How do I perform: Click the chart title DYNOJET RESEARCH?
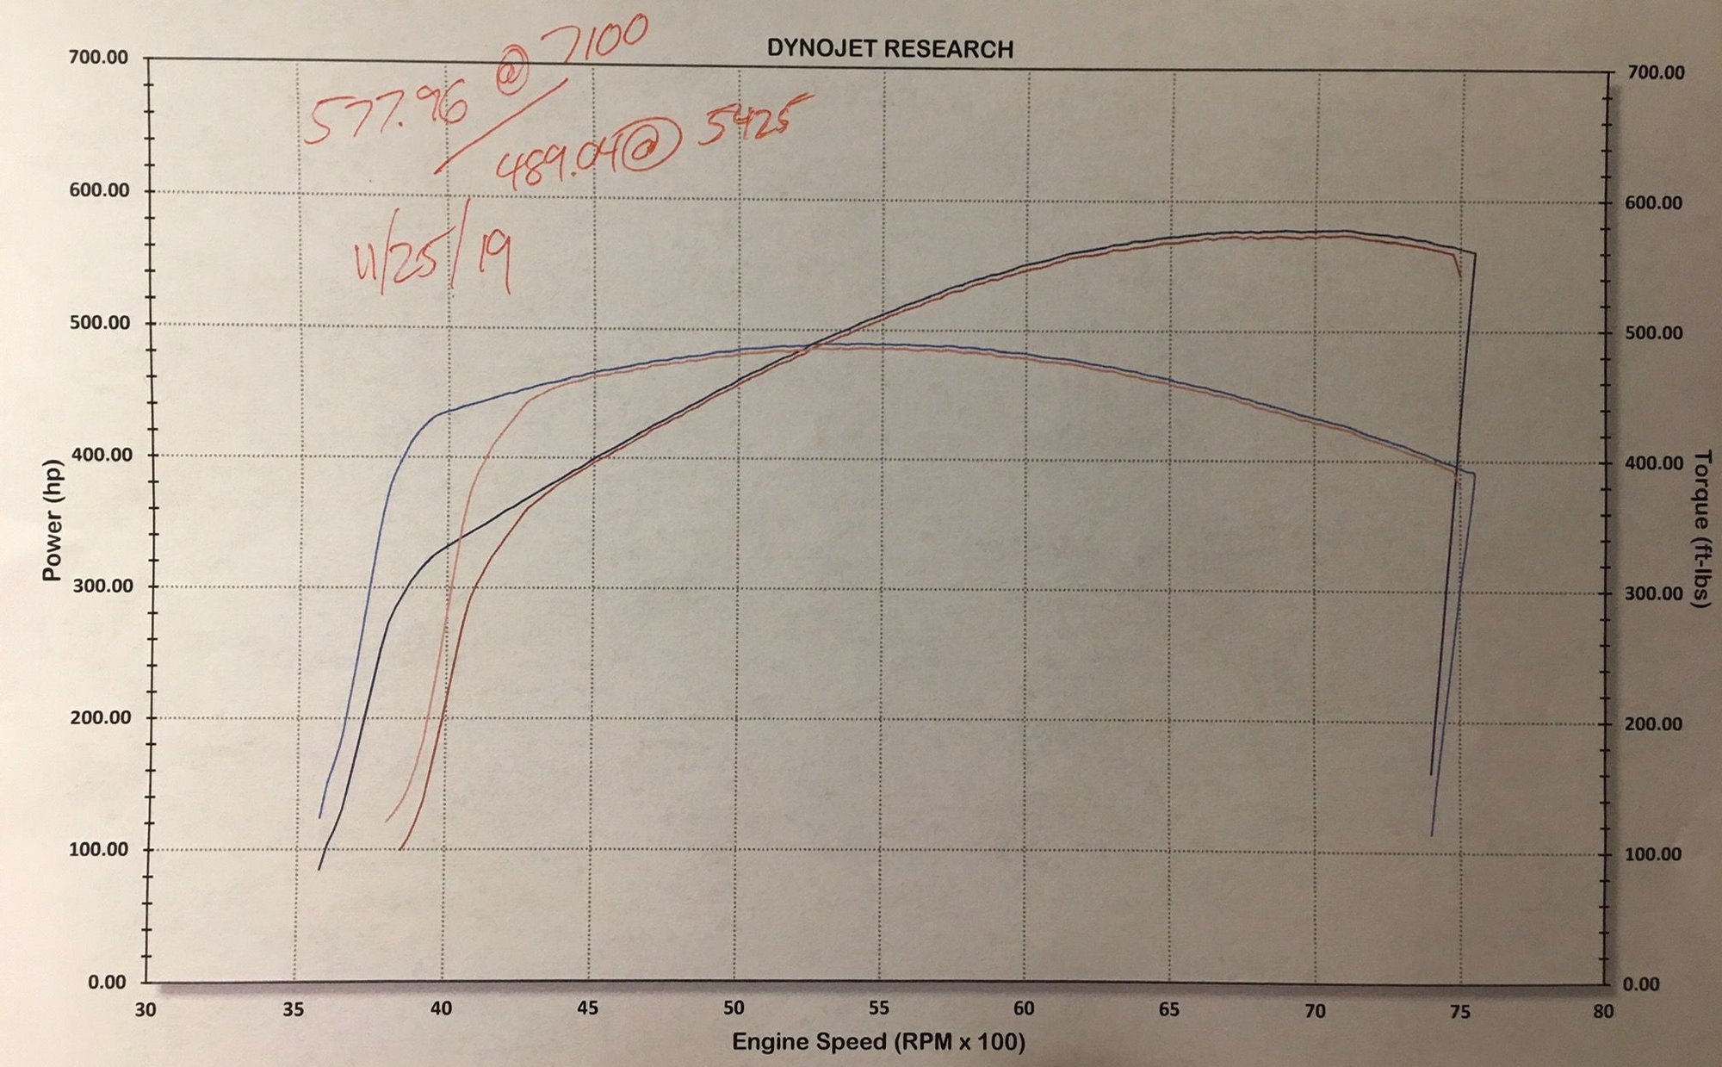pos(889,49)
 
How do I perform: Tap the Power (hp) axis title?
pos(53,519)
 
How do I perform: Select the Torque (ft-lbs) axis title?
pos(1700,529)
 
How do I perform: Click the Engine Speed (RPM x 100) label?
pos(878,1042)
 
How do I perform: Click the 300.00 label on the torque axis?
pos(1653,593)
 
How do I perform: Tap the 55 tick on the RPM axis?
pos(878,1008)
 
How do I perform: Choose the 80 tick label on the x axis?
pos(1602,1011)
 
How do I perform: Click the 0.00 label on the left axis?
pos(107,983)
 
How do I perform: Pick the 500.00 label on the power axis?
pos(99,323)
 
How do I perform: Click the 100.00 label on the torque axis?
pos(1653,854)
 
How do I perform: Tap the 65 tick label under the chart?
pos(1168,1008)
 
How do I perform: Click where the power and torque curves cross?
pos(809,347)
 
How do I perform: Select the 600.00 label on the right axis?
pos(1653,203)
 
